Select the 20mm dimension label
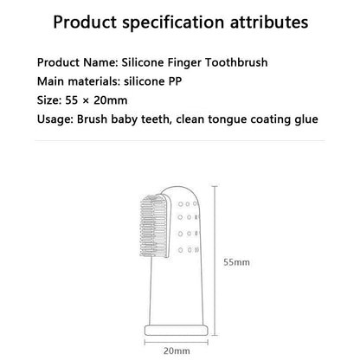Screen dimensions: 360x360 click(177, 350)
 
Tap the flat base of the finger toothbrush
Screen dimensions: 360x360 click(177, 330)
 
